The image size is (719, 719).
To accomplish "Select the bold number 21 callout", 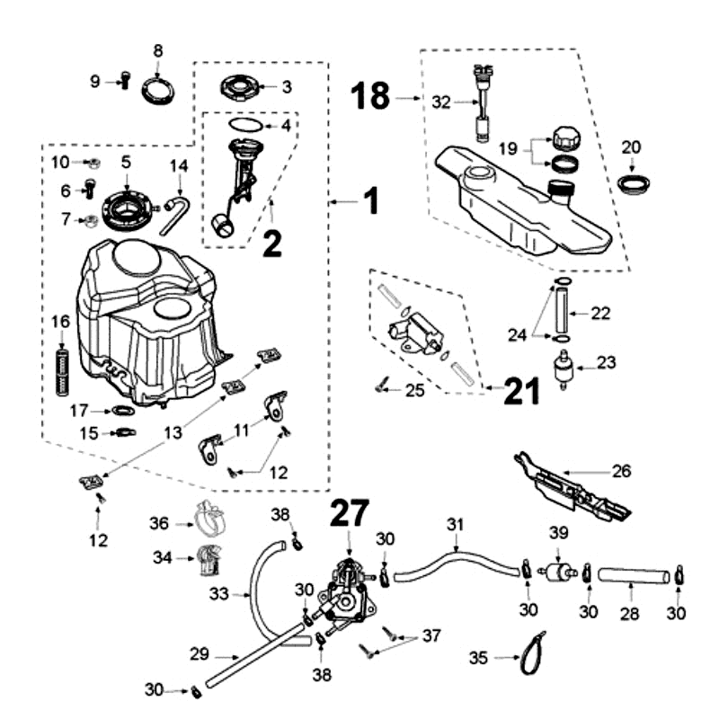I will [x=521, y=390].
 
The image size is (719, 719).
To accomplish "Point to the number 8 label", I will [x=158, y=50].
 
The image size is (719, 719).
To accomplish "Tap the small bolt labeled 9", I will [x=125, y=82].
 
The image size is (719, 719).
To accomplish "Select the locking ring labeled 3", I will [x=238, y=89].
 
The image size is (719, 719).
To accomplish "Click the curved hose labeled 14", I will [x=178, y=205].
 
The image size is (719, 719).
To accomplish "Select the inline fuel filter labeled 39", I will [x=560, y=571].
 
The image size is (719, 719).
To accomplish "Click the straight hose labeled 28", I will [x=634, y=572].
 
